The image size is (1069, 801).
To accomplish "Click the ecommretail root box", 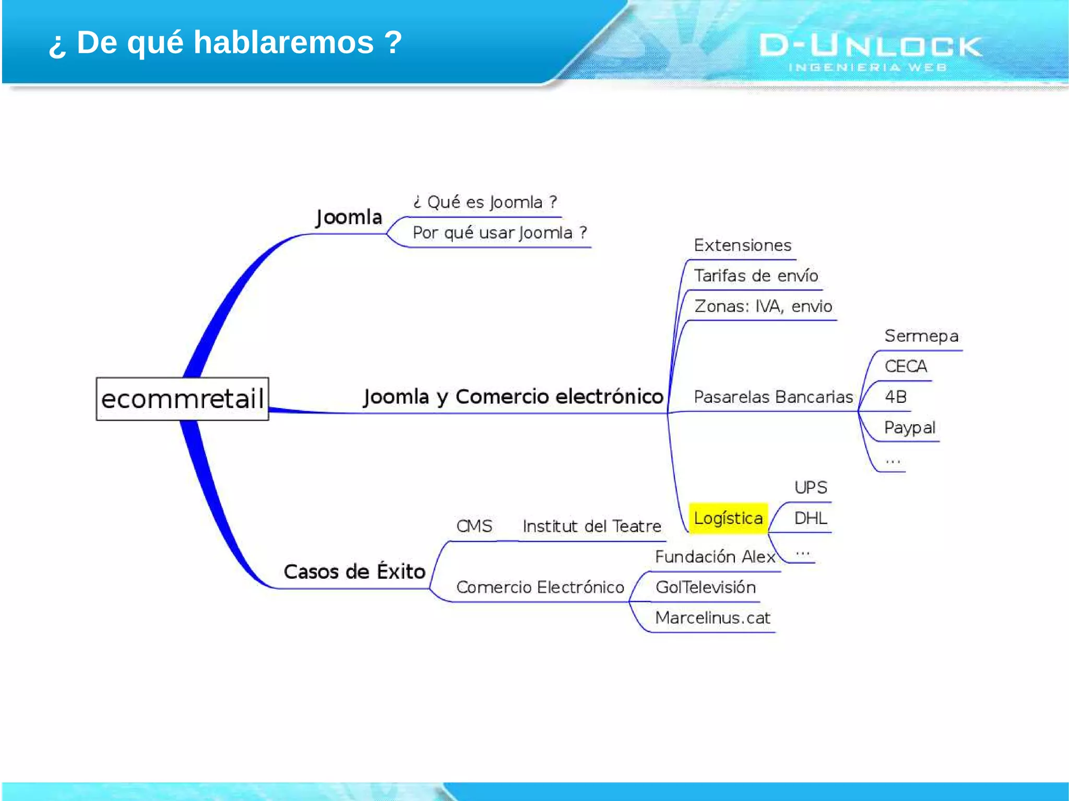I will pos(182,399).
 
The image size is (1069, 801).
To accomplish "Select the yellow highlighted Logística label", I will pos(728,518).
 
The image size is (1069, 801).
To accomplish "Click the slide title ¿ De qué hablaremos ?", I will pos(225,42).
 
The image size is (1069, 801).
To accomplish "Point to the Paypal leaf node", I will pos(909,428).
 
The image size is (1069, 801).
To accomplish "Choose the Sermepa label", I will pos(921,336).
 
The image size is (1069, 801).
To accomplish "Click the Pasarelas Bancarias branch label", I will pos(773,397).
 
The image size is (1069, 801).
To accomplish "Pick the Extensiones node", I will pos(742,245).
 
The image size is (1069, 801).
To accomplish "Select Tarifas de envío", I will pos(756,276).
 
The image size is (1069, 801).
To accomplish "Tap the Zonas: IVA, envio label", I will pos(763,306).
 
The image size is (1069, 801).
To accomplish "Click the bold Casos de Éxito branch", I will pos(354,572).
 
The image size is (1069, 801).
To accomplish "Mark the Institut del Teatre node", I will pos(592,527).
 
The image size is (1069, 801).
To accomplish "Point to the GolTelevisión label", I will pos(705,588).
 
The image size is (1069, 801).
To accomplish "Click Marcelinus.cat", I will pos(712,618).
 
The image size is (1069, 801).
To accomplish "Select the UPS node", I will pos(810,488).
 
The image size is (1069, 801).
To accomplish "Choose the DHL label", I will pos(810,518).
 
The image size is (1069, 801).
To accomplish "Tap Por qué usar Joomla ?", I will pos(500,233).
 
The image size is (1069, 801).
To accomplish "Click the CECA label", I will pos(906,366).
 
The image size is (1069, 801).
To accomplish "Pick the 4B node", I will pos(896,397).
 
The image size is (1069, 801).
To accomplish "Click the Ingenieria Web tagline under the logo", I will pos(867,67).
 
